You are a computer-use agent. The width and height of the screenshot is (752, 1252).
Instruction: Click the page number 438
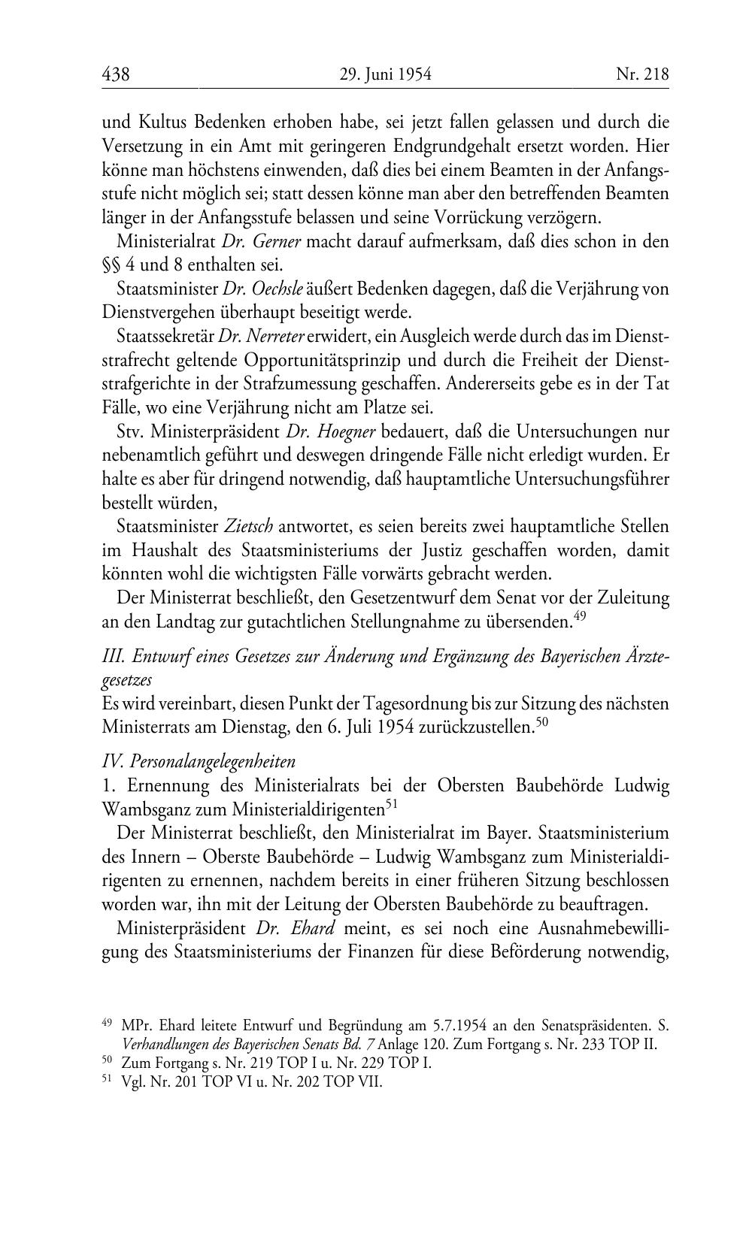pos(116,74)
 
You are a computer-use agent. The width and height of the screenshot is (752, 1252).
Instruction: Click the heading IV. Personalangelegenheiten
pos(198,761)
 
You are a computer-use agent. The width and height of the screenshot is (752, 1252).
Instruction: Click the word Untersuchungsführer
pos(592,479)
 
